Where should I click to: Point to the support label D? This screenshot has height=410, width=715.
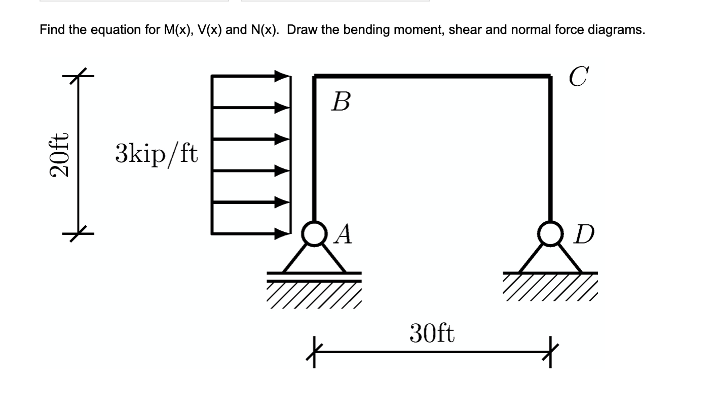tap(584, 235)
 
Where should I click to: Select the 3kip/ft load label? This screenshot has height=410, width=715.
tap(157, 153)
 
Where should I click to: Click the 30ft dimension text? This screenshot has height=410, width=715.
tap(432, 333)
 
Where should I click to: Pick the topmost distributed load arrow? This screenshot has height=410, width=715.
tap(250, 76)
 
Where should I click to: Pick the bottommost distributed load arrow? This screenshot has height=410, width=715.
tap(250, 234)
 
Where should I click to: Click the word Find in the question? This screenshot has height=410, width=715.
tap(52, 30)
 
